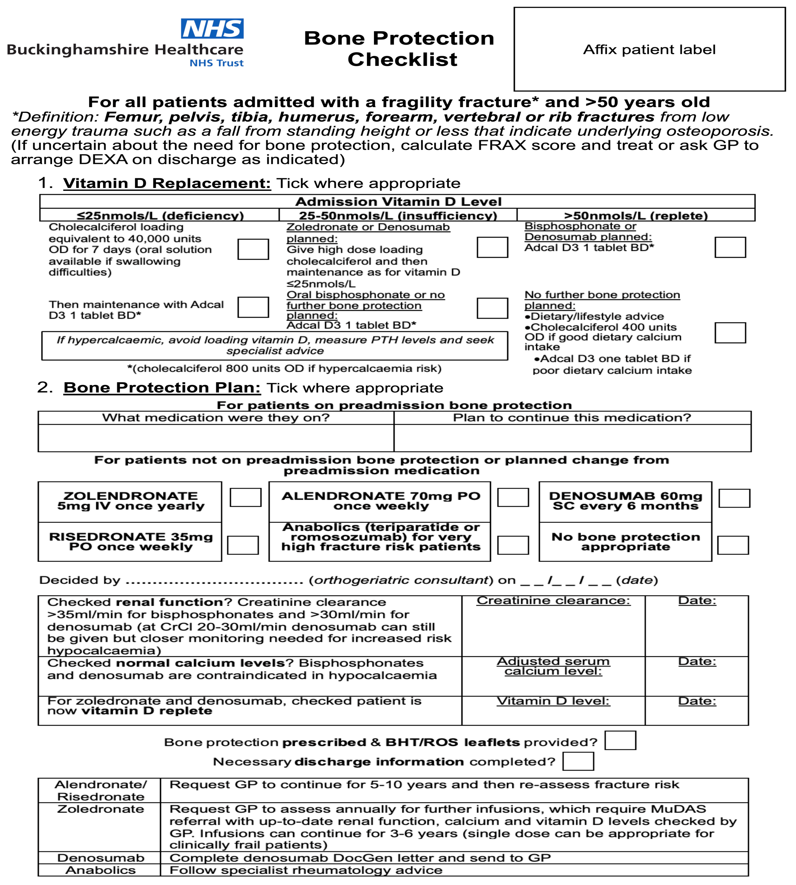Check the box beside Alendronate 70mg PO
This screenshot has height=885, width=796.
[513, 497]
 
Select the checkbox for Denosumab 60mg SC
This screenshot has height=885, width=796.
[734, 498]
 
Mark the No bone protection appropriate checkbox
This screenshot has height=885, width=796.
[733, 545]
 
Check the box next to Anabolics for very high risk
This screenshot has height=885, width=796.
[513, 545]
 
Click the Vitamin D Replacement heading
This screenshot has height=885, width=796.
[167, 183]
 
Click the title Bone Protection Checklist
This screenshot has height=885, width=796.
[399, 49]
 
